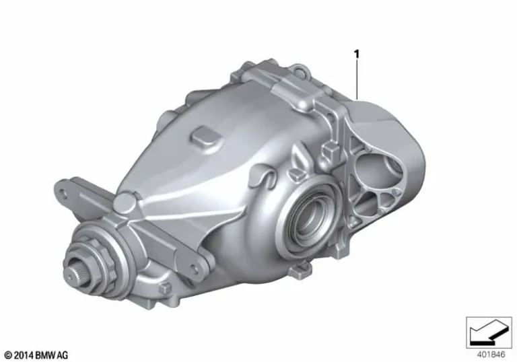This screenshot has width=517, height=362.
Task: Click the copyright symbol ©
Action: click(x=7, y=355)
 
